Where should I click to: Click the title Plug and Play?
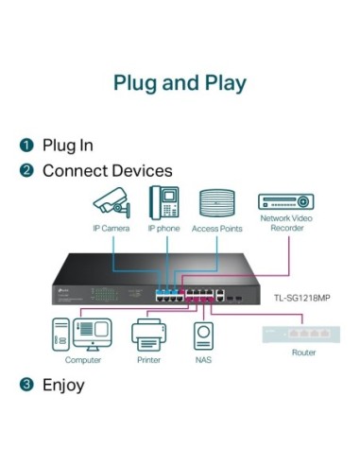pyautogui.click(x=180, y=82)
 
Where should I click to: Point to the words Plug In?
pyautogui.click(x=67, y=146)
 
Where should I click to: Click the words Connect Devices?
pyautogui.click(x=107, y=171)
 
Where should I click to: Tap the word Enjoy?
pyautogui.click(x=63, y=385)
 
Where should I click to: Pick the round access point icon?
pyautogui.click(x=216, y=204)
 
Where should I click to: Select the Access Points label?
pyautogui.click(x=216, y=229)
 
